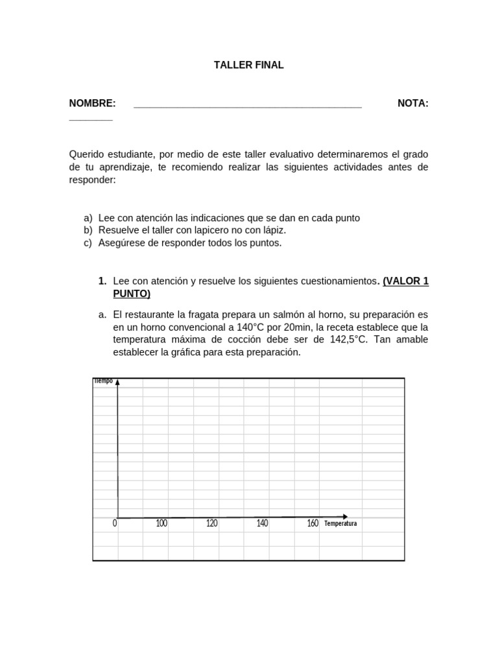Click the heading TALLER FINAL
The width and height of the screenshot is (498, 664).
249,65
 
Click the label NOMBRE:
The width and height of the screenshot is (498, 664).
92,104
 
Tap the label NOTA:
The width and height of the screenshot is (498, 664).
412,104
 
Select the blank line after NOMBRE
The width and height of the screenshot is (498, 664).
247,106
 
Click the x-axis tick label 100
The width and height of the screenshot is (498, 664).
161,523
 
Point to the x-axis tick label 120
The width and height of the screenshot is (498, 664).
211,523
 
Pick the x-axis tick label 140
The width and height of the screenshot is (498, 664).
262,523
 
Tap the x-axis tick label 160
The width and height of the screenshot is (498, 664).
313,523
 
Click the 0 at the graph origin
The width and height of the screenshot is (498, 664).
115,523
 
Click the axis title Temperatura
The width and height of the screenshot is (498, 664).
340,524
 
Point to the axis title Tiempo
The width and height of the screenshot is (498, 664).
103,381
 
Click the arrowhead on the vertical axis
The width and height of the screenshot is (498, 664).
117,382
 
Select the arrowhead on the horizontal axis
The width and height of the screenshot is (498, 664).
345,517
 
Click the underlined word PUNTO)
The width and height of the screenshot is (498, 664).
132,294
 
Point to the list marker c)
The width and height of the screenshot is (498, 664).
88,243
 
